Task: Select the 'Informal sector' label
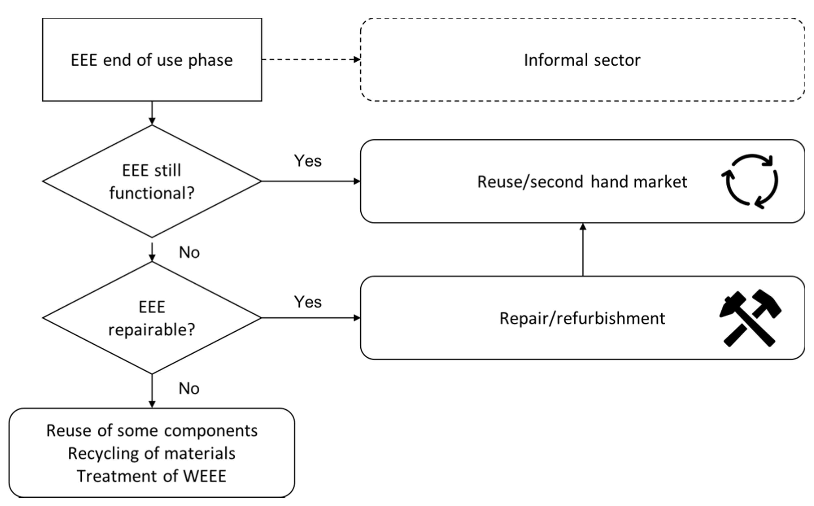click(582, 61)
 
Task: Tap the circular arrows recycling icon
click(750, 181)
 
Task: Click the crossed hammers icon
click(750, 318)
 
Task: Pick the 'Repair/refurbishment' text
click(582, 318)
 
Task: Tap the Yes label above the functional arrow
click(307, 161)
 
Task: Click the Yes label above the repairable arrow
click(307, 302)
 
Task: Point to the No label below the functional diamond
click(189, 253)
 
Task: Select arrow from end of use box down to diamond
click(152, 113)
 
